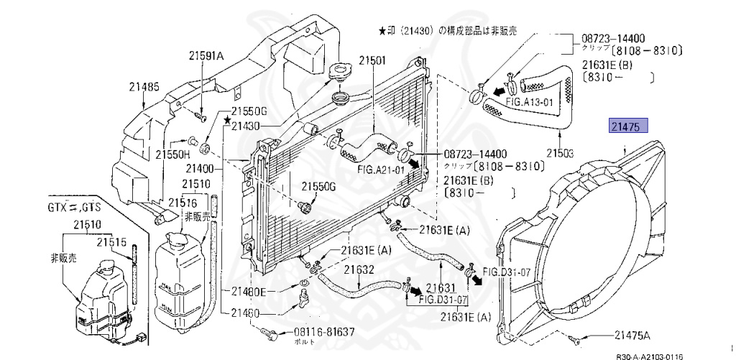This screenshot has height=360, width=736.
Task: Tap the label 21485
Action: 144,87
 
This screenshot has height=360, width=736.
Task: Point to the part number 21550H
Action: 174,154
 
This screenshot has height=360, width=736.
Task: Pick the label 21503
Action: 560,153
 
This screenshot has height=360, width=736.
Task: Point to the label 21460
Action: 245,313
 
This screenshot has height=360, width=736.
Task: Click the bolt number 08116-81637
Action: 315,332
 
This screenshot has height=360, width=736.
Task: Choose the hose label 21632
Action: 359,270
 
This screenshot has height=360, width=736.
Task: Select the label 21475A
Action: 632,335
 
